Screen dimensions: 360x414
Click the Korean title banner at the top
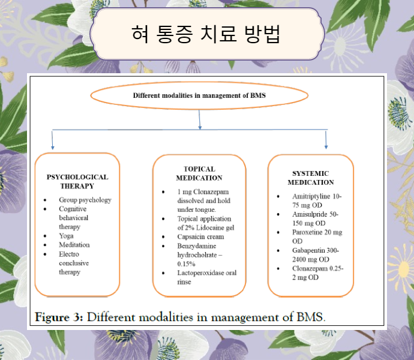[206, 34]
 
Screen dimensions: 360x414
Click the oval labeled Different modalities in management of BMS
[199, 95]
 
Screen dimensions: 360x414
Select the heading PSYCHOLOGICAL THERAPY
[77, 181]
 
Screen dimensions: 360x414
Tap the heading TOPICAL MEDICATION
[199, 173]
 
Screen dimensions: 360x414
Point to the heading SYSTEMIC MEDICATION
[310, 178]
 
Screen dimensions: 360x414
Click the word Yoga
[66, 236]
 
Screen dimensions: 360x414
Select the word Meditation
[74, 245]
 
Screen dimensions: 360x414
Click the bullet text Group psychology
[85, 200]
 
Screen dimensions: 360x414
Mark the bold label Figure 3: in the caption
[60, 316]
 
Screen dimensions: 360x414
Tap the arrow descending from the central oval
[199, 121]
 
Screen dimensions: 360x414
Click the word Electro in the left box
[70, 254]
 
